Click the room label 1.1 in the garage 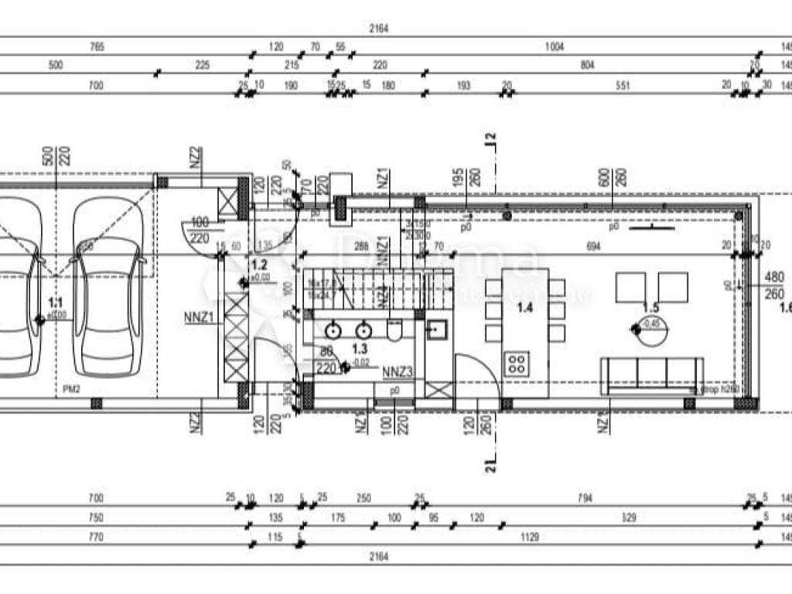53,302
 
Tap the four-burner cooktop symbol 516,364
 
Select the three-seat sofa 653,374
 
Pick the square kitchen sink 436,331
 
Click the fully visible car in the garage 108,286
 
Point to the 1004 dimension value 554,47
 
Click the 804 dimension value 587,66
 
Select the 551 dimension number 623,86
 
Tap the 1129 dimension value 529,537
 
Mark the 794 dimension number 585,498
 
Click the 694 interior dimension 593,246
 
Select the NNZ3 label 398,372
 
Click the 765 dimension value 97,47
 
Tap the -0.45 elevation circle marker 637,328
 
